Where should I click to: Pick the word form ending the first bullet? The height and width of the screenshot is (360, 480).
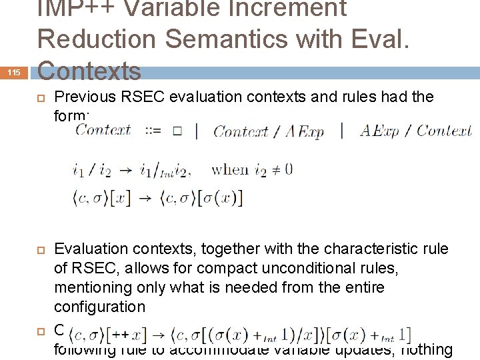pyautogui.click(x=69, y=115)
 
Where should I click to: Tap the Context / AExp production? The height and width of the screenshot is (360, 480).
pyautogui.click(x=269, y=131)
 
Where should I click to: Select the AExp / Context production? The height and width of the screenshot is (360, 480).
pyautogui.click(x=415, y=131)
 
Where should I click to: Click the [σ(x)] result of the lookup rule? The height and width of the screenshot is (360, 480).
pyautogui.click(x=216, y=198)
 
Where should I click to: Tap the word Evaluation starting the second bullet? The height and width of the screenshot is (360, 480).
pyautogui.click(x=92, y=249)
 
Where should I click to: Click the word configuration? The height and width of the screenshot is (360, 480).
pyautogui.click(x=99, y=307)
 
